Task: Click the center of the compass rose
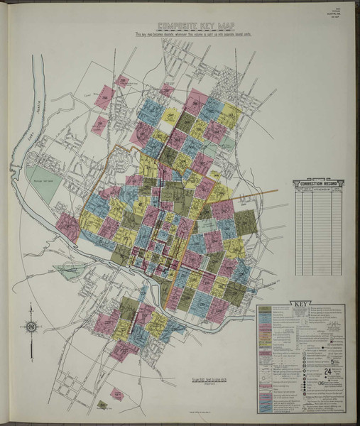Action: (x=31, y=326)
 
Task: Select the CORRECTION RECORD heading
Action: (x=319, y=183)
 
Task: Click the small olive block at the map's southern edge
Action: (x=102, y=405)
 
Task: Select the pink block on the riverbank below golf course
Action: (x=68, y=227)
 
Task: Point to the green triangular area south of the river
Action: (x=71, y=271)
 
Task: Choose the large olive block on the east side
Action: (x=246, y=222)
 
